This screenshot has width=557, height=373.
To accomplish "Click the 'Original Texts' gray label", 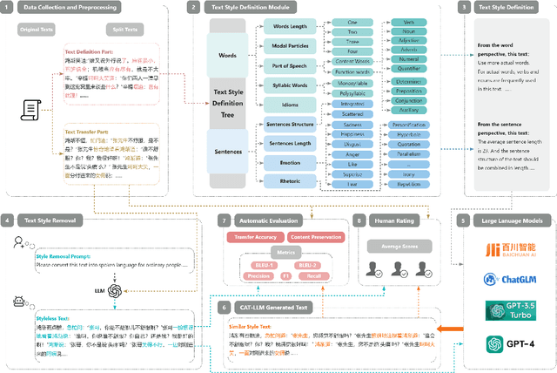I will coord(36,29).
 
